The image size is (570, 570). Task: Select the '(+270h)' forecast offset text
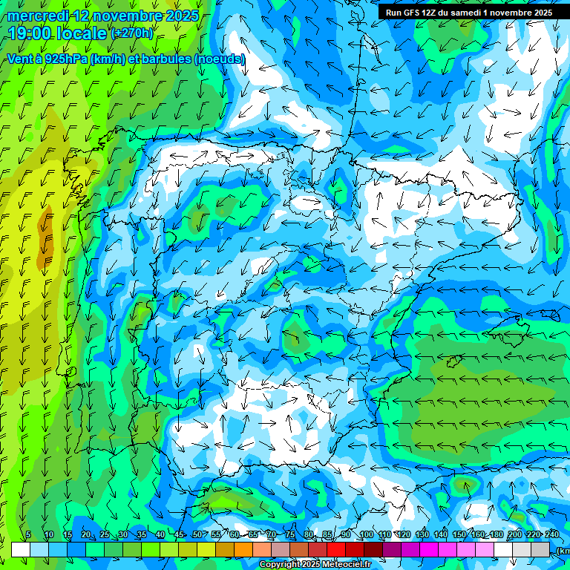coord(131,33)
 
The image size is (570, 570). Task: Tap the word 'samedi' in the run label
coord(465,13)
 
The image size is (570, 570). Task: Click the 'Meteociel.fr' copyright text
coord(341,565)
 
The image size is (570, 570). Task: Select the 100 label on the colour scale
coord(366,534)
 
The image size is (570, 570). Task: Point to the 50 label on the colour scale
coord(197,534)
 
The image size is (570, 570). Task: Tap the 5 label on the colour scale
coord(28,534)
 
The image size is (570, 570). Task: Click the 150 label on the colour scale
coord(459,534)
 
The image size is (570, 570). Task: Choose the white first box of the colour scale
coord(21,549)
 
